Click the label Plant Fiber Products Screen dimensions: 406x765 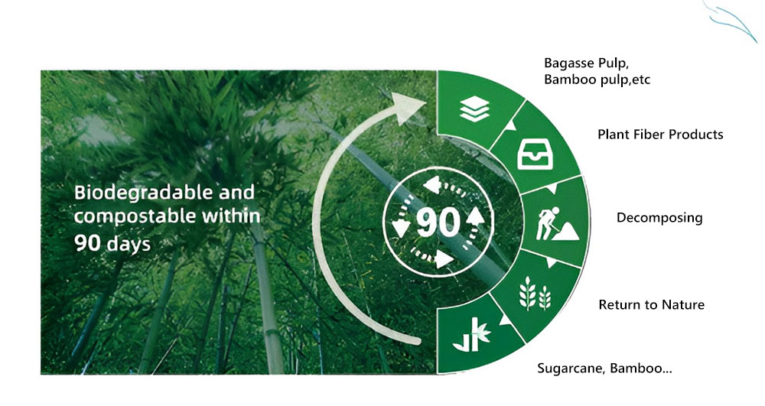(659, 135)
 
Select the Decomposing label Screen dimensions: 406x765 (659, 218)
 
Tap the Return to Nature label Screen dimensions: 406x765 (651, 305)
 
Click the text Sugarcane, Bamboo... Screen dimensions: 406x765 (604, 369)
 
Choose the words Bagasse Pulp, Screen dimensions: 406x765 (585, 63)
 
